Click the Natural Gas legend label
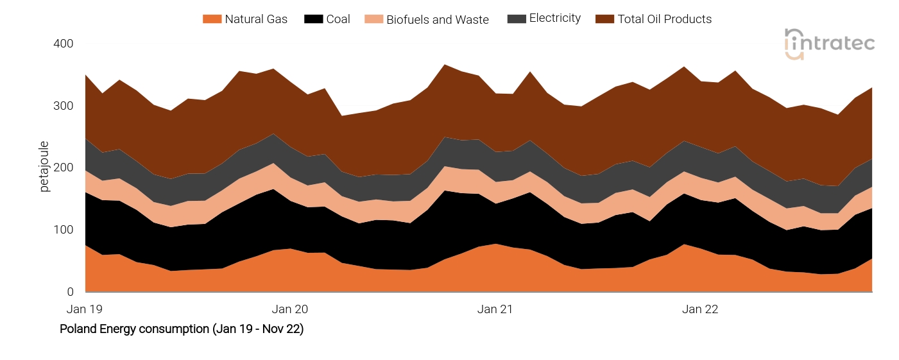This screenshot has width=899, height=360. pos(256,19)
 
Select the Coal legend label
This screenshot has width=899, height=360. pos(338,19)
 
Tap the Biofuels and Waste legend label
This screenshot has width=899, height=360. pos(437,20)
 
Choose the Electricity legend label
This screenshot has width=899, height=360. pos(554,19)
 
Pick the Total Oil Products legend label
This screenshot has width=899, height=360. pos(664,19)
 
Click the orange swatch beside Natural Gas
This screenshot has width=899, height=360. pos(211,19)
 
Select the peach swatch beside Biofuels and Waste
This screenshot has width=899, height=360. pos(373,19)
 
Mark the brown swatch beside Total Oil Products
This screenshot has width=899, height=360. pos(604,19)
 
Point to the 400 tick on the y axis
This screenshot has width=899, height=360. pos(64,44)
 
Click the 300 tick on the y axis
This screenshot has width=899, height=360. pos(64,106)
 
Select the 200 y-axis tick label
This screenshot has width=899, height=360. pos(64,168)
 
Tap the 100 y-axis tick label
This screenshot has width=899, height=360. pos(64,230)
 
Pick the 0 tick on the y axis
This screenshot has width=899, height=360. pos(70,292)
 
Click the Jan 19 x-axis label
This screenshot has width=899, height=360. pos(85,309)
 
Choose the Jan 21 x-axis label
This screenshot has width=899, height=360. pos(495,309)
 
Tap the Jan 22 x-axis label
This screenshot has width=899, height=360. pos(700,309)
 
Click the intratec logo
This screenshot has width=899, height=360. pos(829,44)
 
